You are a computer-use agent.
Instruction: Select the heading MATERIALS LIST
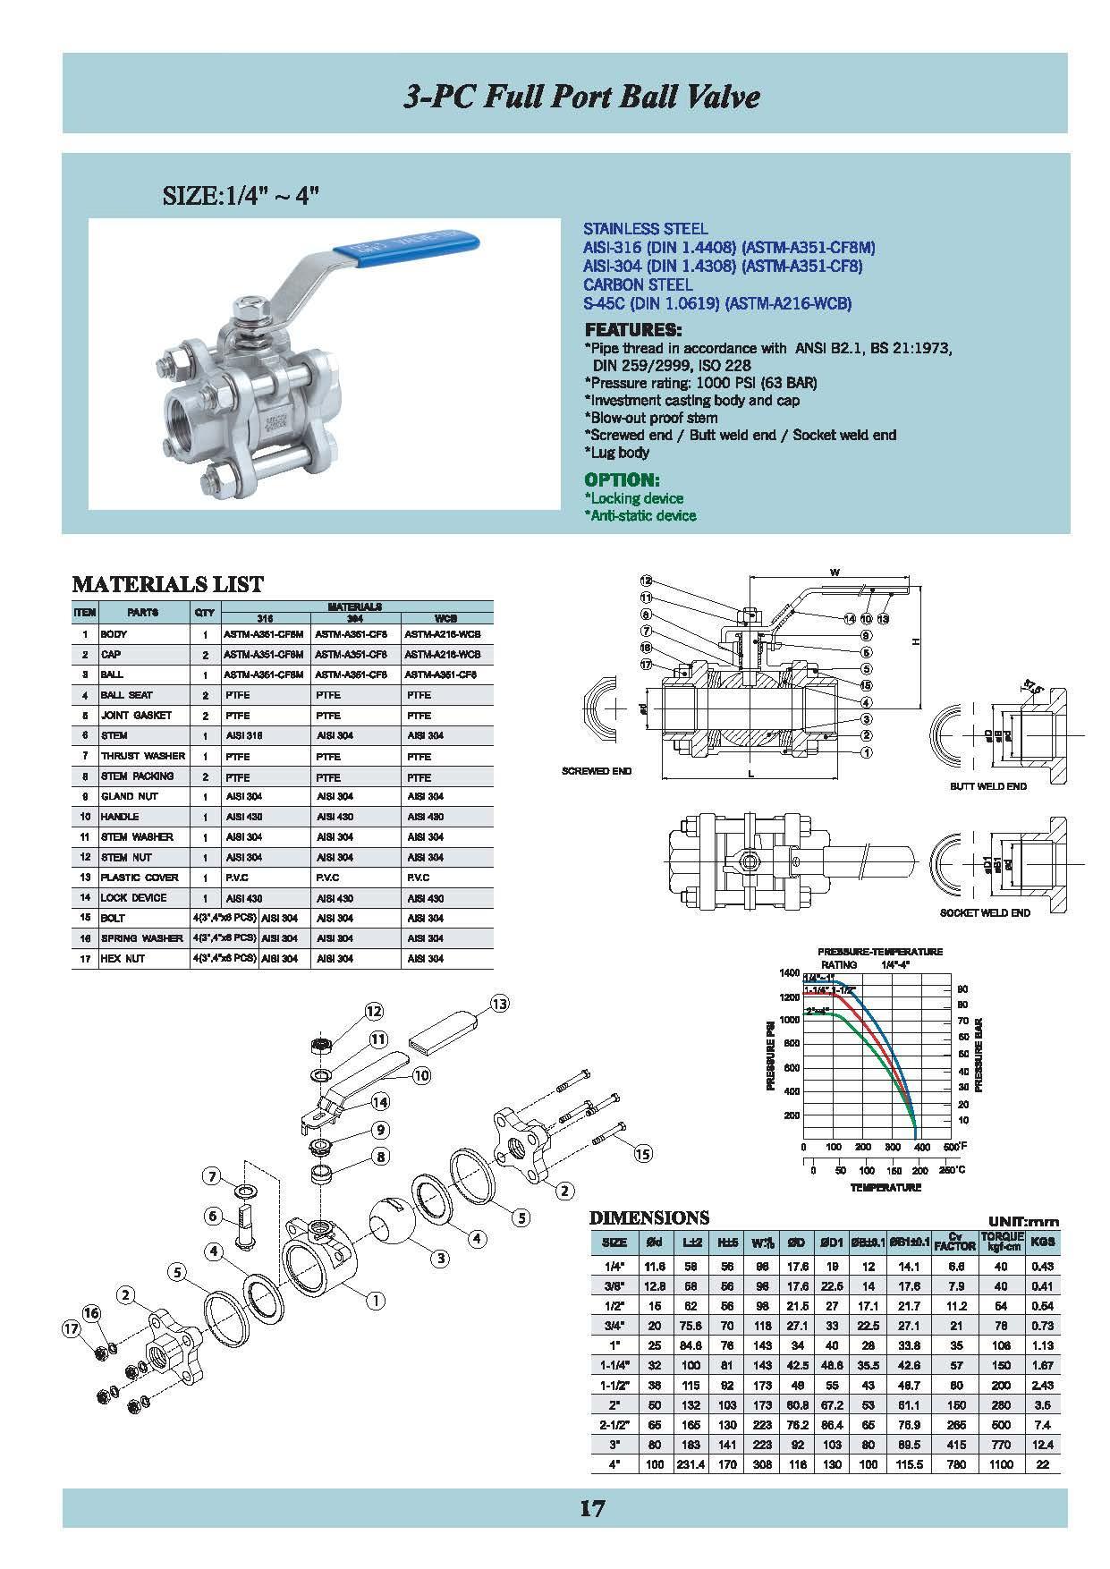[167, 585]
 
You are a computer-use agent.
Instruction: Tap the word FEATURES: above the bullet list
[632, 329]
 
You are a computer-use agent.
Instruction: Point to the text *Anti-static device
[640, 515]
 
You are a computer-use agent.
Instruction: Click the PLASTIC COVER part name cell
[140, 878]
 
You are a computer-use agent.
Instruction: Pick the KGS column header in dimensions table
[1042, 1242]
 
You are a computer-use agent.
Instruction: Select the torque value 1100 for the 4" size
[1001, 1463]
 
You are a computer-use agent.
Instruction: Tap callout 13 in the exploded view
[499, 1004]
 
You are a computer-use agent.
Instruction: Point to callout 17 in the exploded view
[72, 1329]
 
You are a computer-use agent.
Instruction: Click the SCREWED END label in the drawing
[597, 770]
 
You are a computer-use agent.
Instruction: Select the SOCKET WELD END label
[985, 912]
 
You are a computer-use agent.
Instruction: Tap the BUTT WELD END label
[987, 786]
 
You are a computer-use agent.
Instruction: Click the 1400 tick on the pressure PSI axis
[789, 972]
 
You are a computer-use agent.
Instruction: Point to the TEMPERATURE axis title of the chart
[885, 1187]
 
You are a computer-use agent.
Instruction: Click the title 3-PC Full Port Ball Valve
[581, 96]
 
